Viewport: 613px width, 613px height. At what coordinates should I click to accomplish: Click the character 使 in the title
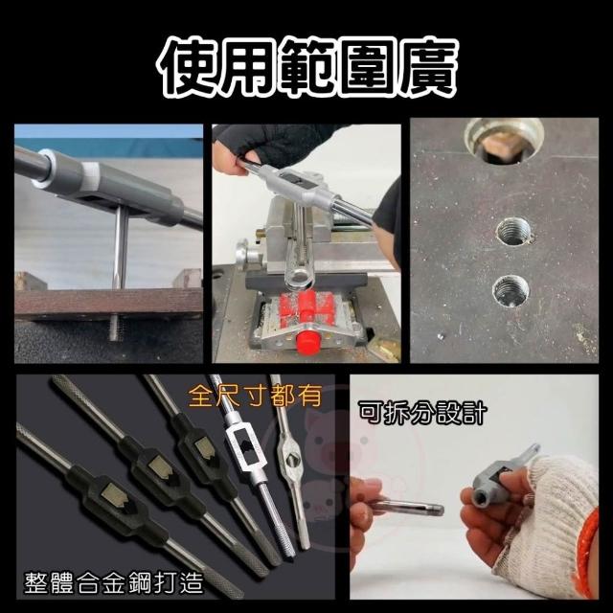tap(187, 67)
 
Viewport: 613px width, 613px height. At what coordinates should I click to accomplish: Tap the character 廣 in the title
tap(426, 67)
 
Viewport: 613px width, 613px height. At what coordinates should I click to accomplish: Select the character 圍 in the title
tap(366, 67)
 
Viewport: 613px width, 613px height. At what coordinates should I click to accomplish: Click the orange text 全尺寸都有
tap(255, 396)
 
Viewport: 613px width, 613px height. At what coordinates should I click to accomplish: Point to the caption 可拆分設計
tap(422, 413)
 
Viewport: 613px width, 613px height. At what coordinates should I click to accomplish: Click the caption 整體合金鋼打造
tap(114, 583)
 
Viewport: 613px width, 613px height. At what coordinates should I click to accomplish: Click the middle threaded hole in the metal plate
tap(513, 232)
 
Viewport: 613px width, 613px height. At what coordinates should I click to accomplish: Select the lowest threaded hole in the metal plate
tap(511, 291)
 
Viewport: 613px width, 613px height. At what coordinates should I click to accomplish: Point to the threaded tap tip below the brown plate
tap(114, 328)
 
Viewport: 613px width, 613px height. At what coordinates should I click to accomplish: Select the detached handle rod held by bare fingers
tap(406, 508)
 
